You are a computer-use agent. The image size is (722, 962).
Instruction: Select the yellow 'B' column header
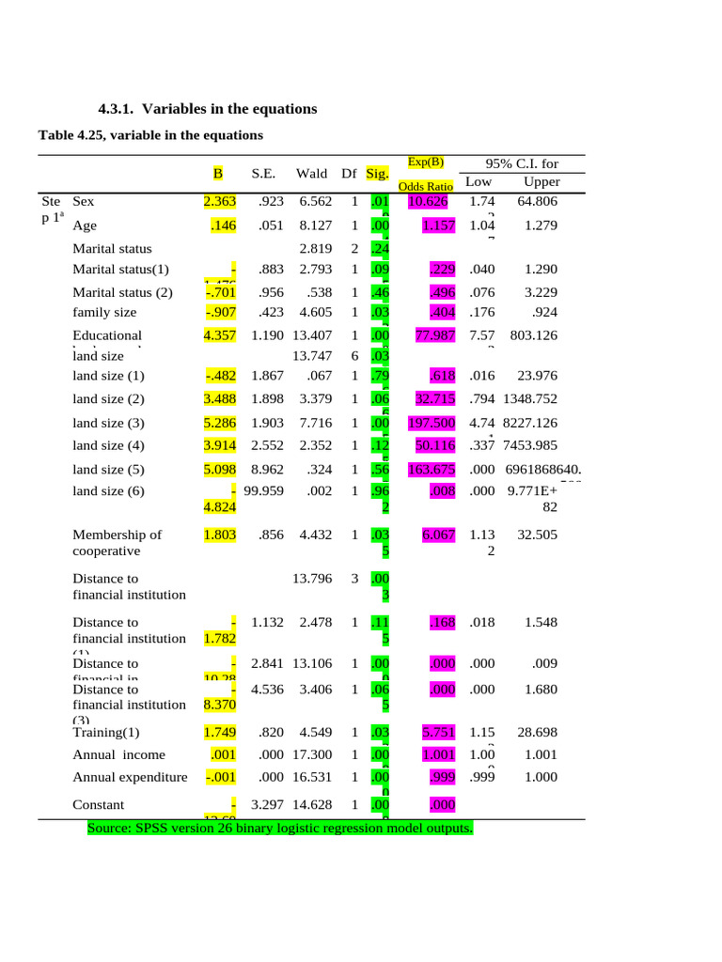coord(217,173)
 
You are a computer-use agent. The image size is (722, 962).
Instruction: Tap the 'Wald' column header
coord(311,173)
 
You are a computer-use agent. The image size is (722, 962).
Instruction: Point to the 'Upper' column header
coord(541,181)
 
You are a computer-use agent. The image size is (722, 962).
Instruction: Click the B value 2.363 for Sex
coord(219,201)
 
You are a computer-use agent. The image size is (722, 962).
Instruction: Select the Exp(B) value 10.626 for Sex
coord(428,201)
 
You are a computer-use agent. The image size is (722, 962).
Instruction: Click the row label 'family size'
coord(104,312)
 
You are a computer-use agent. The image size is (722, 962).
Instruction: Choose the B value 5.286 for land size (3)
coord(219,423)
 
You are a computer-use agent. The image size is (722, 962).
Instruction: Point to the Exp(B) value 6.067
coord(438,535)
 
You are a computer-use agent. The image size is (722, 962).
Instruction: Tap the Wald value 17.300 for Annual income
coord(309,754)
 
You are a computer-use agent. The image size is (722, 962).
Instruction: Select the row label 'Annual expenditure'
coord(130,777)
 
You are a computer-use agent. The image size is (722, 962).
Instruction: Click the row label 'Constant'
coord(99,804)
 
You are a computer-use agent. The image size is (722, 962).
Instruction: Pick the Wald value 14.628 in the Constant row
coord(309,804)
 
